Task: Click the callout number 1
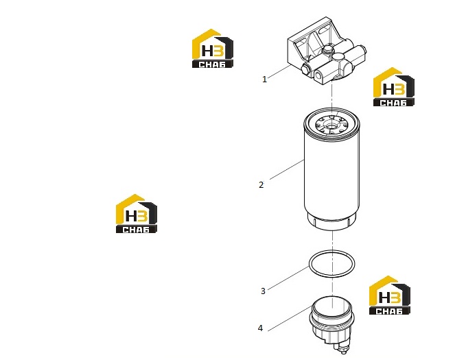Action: (x=264, y=80)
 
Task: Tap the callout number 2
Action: (x=261, y=185)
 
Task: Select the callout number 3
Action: (x=263, y=291)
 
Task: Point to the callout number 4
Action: (x=260, y=328)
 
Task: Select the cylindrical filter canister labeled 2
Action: (x=331, y=169)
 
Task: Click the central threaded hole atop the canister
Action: (x=331, y=126)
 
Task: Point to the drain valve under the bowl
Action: (x=342, y=348)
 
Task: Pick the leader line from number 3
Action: (x=288, y=278)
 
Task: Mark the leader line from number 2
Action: (x=287, y=169)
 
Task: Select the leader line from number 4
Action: (x=290, y=318)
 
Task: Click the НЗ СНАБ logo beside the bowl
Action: (x=390, y=295)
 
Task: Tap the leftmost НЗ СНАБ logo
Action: (x=137, y=213)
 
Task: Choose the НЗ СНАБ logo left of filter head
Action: (x=213, y=49)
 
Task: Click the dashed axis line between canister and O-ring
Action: (x=332, y=241)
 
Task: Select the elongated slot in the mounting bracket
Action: (x=323, y=30)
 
